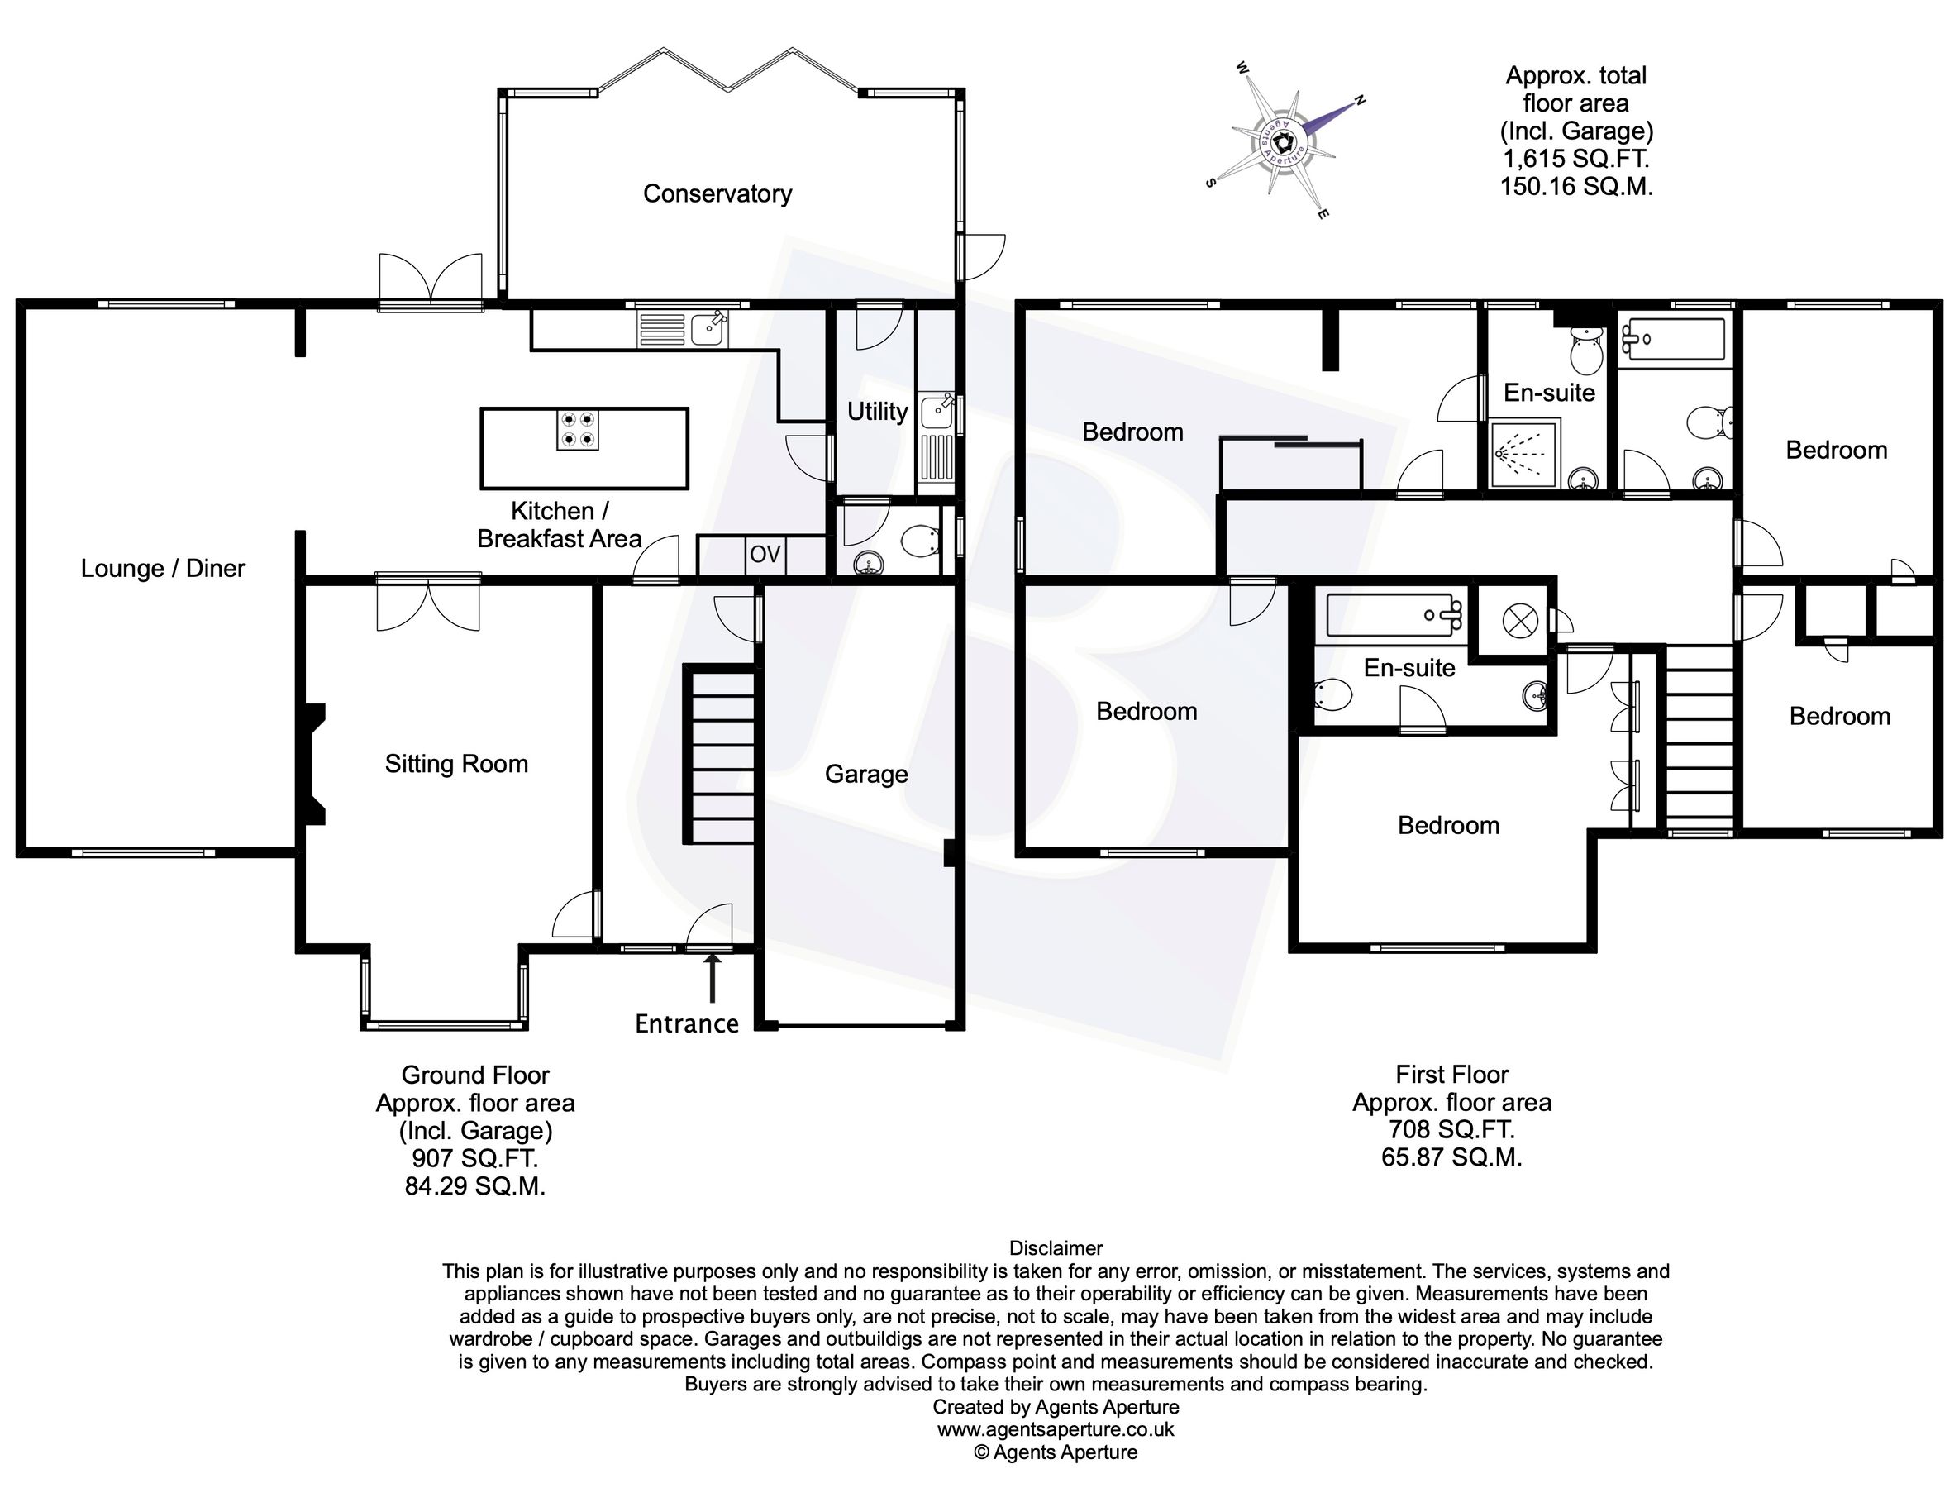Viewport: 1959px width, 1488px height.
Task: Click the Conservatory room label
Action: [717, 194]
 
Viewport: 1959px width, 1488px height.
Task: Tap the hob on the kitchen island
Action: [577, 430]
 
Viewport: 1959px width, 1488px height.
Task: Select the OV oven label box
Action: [765, 555]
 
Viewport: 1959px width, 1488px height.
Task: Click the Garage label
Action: [865, 774]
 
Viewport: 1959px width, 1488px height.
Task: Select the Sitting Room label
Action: [456, 764]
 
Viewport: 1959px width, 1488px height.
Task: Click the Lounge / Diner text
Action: [163, 569]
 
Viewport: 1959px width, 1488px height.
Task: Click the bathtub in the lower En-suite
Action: [1393, 616]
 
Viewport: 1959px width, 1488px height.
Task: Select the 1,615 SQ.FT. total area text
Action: [1575, 160]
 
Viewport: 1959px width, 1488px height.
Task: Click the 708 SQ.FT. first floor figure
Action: [1451, 1130]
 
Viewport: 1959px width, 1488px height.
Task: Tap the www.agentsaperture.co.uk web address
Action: [1055, 1428]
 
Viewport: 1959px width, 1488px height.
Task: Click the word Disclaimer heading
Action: [1056, 1248]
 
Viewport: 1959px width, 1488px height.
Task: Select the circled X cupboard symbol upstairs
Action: [1514, 622]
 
